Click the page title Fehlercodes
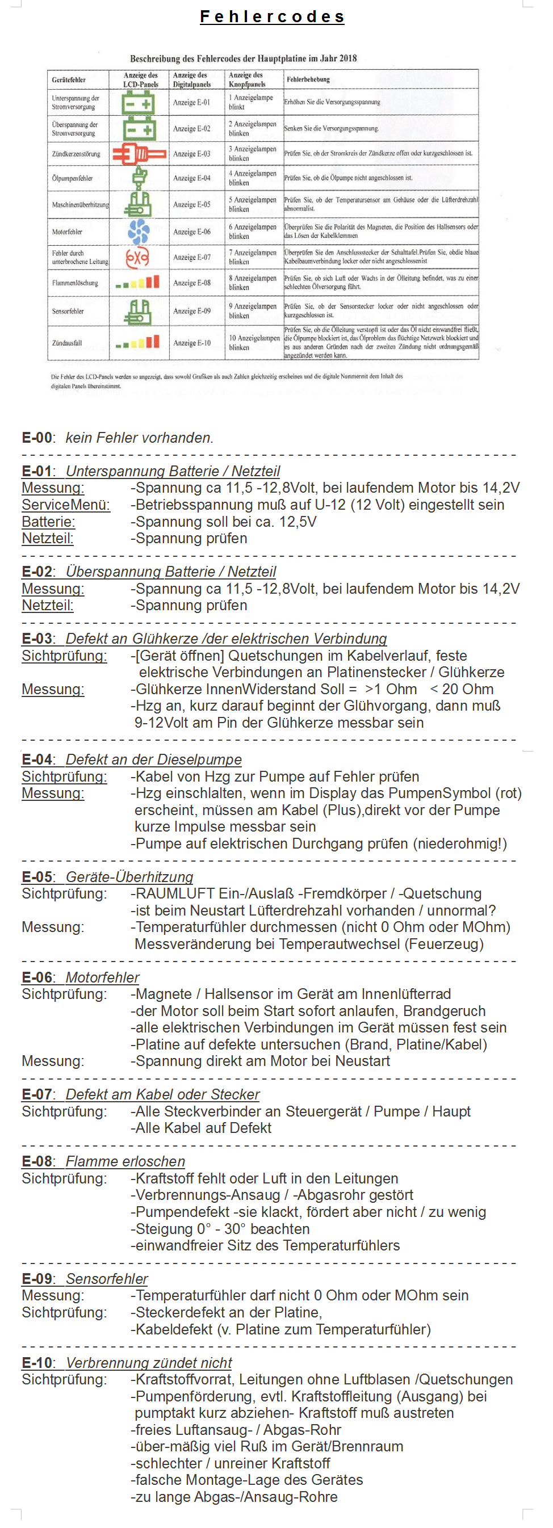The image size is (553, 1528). click(273, 16)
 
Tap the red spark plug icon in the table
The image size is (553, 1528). click(139, 154)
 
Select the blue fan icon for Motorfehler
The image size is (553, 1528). click(139, 232)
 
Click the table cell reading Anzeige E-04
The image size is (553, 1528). click(192, 178)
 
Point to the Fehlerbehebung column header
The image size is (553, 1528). click(308, 79)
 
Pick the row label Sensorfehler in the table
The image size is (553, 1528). click(68, 312)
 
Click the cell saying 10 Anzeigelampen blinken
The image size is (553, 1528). click(254, 343)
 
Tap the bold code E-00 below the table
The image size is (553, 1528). click(37, 438)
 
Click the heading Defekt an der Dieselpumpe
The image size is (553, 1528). click(154, 760)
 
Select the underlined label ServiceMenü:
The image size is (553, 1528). click(66, 505)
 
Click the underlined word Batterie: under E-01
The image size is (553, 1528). click(49, 522)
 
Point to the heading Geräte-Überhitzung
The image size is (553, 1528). click(129, 878)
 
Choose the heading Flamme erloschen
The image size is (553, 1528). click(125, 1161)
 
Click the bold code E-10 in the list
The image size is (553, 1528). click(37, 1363)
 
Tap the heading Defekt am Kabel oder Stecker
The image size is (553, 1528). click(162, 1094)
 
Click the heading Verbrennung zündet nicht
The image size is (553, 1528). click(149, 1363)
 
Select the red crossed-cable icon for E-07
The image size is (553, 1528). click(137, 258)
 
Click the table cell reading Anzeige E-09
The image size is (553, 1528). click(192, 312)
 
